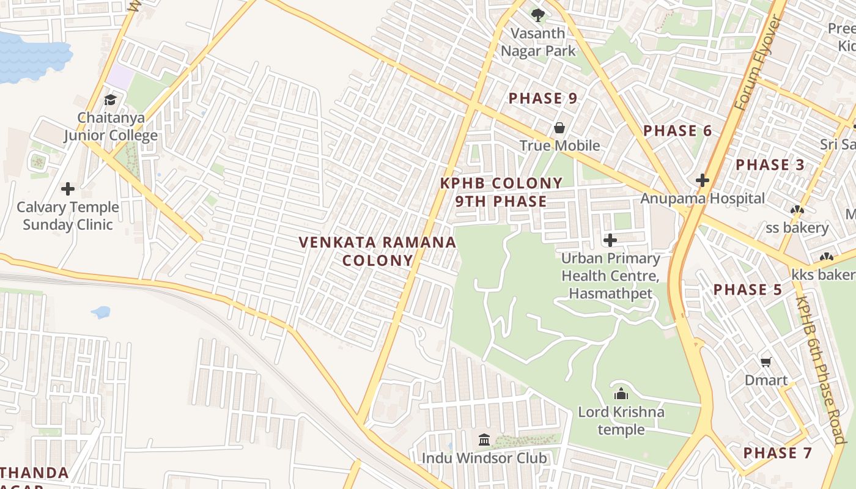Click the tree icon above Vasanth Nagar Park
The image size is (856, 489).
tap(537, 15)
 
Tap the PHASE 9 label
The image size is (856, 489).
tap(543, 98)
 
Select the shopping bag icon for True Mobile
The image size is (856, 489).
tap(559, 128)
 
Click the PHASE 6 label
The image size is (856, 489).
tap(677, 131)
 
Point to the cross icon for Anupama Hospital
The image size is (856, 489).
tap(702, 180)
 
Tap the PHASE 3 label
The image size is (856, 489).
tap(770, 164)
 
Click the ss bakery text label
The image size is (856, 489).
tap(797, 228)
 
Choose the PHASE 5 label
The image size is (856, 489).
tap(748, 290)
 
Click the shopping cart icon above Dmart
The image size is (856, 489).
tap(766, 362)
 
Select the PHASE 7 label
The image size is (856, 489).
tap(778, 453)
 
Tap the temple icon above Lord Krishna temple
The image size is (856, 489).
tap(621, 394)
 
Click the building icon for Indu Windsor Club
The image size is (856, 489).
tap(484, 439)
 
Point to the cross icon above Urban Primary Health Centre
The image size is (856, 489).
tap(610, 240)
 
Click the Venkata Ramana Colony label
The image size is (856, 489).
tap(378, 251)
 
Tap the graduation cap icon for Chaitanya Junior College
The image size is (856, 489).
tap(111, 100)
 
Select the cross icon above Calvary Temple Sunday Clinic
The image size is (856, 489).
tap(68, 189)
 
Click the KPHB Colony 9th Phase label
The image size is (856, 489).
tap(501, 192)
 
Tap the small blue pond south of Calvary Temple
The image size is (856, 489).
tap(101, 312)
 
